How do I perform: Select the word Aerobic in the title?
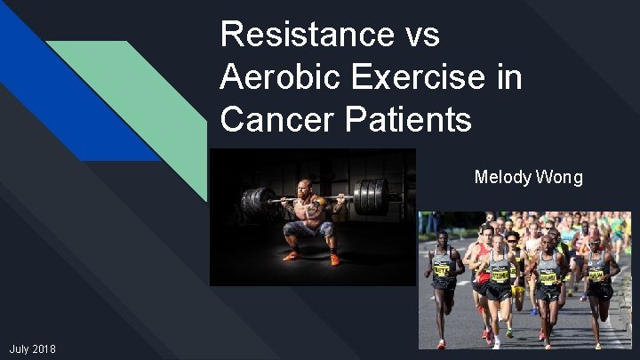pyautogui.click(x=276, y=77)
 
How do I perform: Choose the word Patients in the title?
pyautogui.click(x=406, y=119)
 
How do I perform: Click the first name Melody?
pyautogui.click(x=503, y=177)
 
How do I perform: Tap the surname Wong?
pyautogui.click(x=560, y=177)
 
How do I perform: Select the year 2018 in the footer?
pyautogui.click(x=44, y=349)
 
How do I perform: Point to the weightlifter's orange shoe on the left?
pyautogui.click(x=291, y=257)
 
